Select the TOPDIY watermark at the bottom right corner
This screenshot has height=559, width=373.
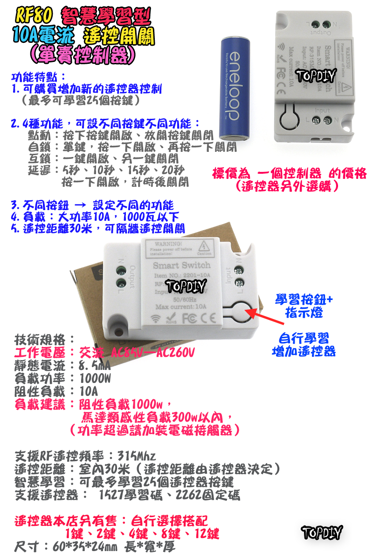tap(322, 532)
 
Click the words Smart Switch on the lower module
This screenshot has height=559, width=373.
tap(182, 265)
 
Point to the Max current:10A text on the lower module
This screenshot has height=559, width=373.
tap(181, 307)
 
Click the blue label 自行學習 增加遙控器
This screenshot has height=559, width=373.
tap(304, 344)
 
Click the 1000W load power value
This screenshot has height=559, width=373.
tap(95, 378)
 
